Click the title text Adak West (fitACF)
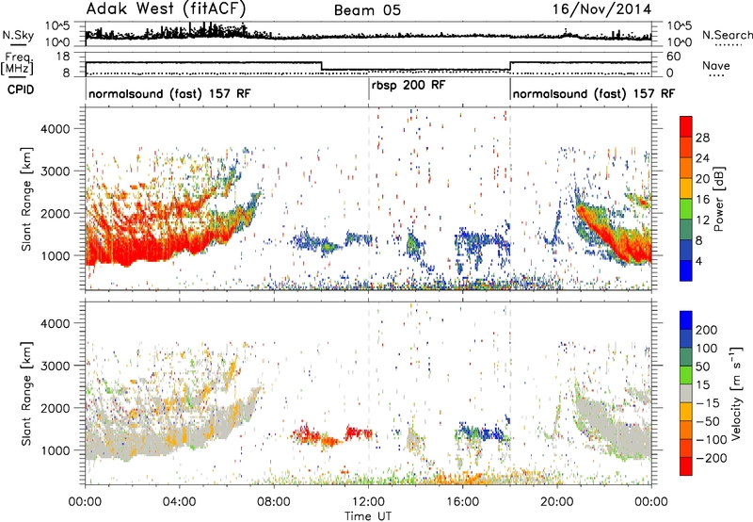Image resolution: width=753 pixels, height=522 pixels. click(166, 9)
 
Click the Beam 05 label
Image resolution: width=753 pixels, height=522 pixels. click(367, 10)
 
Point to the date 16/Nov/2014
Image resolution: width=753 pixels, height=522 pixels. click(601, 9)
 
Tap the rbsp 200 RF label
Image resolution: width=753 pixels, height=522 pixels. click(409, 86)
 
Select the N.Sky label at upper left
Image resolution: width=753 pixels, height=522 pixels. click(18, 35)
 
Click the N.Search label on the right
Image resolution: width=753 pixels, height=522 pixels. click(727, 35)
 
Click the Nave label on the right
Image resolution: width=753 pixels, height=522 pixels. click(716, 65)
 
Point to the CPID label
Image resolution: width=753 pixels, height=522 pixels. click(21, 90)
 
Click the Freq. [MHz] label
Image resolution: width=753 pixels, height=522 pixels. click(18, 64)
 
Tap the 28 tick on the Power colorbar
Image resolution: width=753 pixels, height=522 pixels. click(702, 138)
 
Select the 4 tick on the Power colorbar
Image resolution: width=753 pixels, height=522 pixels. click(699, 261)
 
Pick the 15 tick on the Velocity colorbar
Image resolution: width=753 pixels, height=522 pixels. click(701, 384)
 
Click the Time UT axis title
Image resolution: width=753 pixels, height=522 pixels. click(368, 516)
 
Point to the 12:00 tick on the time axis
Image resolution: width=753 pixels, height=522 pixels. click(368, 502)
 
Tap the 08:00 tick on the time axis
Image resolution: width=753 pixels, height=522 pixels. click(274, 502)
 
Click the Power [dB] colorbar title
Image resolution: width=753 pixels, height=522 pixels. click(718, 199)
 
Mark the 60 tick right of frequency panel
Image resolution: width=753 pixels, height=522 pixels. click(673, 57)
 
